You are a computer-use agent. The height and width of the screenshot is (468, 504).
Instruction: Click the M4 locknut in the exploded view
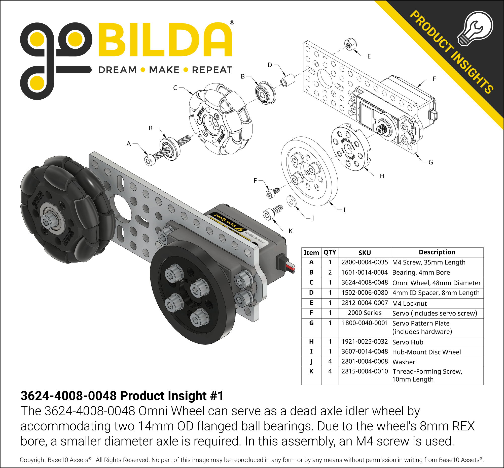(x=350, y=45)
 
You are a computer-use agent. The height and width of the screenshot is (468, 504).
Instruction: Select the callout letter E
(x=369, y=56)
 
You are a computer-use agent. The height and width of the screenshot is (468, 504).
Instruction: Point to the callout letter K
(x=291, y=231)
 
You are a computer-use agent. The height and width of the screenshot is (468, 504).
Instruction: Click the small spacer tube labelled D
(x=288, y=80)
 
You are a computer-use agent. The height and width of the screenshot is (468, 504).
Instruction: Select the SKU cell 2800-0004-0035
(x=365, y=262)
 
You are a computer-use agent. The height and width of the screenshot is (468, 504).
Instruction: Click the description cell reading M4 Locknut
(x=409, y=303)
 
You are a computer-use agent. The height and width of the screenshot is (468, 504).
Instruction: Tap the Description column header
(x=437, y=252)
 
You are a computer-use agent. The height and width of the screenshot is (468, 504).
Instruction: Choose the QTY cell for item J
(x=330, y=361)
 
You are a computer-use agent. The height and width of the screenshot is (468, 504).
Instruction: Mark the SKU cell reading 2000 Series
(x=365, y=313)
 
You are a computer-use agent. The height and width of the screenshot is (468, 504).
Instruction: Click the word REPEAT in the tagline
(x=212, y=70)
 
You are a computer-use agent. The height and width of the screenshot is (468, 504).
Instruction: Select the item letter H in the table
(x=311, y=342)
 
